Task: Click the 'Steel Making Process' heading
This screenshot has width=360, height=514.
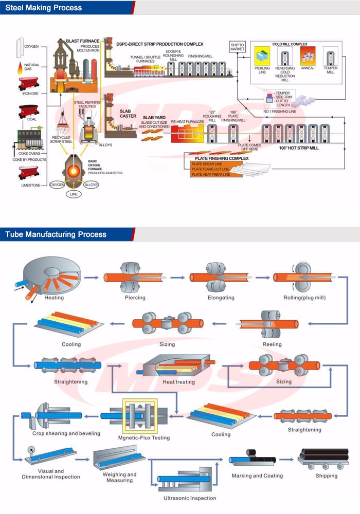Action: coord(44,8)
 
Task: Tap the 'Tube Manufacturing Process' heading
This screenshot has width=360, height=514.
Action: coord(56,234)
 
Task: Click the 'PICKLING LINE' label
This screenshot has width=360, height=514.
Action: coord(262,70)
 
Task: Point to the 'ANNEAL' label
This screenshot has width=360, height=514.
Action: coord(307,67)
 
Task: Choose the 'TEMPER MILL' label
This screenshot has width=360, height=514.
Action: coord(330,70)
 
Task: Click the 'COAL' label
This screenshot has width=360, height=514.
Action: coord(31,120)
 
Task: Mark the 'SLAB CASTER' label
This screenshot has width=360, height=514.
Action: coord(128,113)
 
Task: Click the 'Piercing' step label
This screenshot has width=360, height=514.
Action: coord(135,298)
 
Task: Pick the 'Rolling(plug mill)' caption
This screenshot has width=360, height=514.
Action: coord(304,298)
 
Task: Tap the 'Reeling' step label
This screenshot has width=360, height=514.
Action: coord(272,344)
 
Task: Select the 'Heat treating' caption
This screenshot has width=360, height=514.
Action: coord(178,382)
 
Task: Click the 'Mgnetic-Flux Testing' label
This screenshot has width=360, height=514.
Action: coord(143,438)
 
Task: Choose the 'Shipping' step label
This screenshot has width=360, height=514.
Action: coord(327,475)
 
